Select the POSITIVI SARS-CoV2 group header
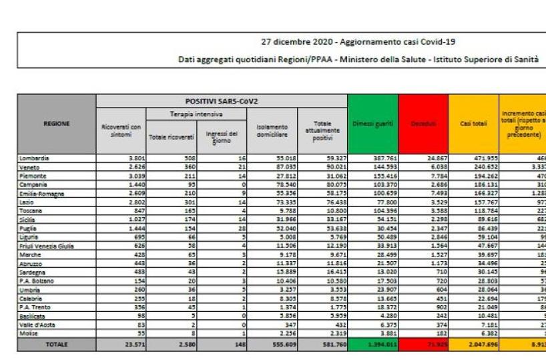point(221,100)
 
